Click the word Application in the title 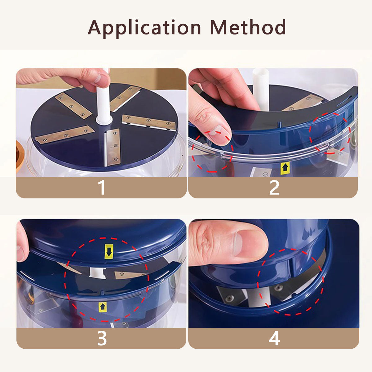tap(144, 28)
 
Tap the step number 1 tap(102, 188)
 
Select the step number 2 tap(274, 188)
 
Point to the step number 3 tap(102, 339)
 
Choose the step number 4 tap(274, 339)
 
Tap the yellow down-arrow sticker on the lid tap(109, 251)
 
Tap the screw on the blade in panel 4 tap(229, 298)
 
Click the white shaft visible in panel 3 tap(98, 273)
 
